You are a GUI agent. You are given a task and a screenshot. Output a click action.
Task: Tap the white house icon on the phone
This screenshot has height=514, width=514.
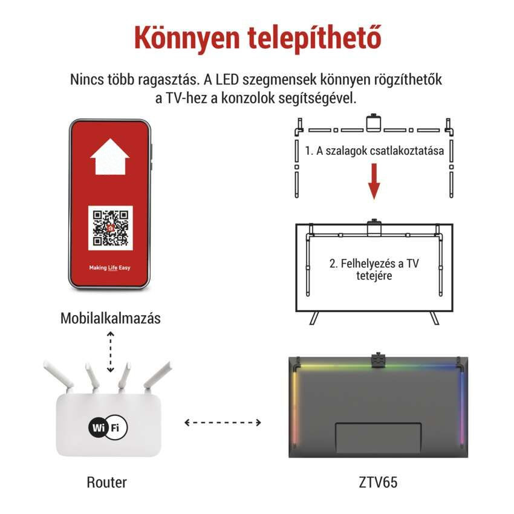click(x=110, y=157)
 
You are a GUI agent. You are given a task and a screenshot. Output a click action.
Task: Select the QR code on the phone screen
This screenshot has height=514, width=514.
click(x=111, y=228)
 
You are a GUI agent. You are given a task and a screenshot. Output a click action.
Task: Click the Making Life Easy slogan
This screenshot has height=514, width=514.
click(x=110, y=268)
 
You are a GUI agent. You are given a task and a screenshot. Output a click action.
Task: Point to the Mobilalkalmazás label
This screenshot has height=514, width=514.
click(x=111, y=318)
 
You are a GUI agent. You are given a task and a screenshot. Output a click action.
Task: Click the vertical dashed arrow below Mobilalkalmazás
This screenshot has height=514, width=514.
click(x=111, y=352)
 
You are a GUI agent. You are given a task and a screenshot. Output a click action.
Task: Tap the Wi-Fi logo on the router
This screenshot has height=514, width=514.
click(x=108, y=428)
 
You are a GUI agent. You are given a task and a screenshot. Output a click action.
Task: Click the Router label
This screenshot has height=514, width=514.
click(x=107, y=482)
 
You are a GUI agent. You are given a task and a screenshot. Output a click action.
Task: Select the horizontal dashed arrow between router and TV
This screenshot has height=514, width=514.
click(x=223, y=422)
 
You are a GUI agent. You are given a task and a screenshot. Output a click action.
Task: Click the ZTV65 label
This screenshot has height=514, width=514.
click(x=378, y=482)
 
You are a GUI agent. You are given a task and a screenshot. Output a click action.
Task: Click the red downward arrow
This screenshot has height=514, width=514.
click(x=374, y=181)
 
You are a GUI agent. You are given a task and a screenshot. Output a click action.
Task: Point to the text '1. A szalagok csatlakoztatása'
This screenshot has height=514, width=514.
click(x=374, y=151)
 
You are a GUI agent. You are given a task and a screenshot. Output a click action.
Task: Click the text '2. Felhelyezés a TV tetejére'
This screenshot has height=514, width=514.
click(x=374, y=269)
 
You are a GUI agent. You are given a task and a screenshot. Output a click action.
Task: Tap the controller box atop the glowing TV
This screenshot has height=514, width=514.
click(x=379, y=360)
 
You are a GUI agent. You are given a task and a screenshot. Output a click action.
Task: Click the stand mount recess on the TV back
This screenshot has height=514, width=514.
click(x=378, y=439)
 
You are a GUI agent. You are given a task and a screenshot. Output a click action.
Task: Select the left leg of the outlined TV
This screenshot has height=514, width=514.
click(x=314, y=318)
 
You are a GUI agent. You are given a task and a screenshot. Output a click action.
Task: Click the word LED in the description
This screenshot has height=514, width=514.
click(x=227, y=80)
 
